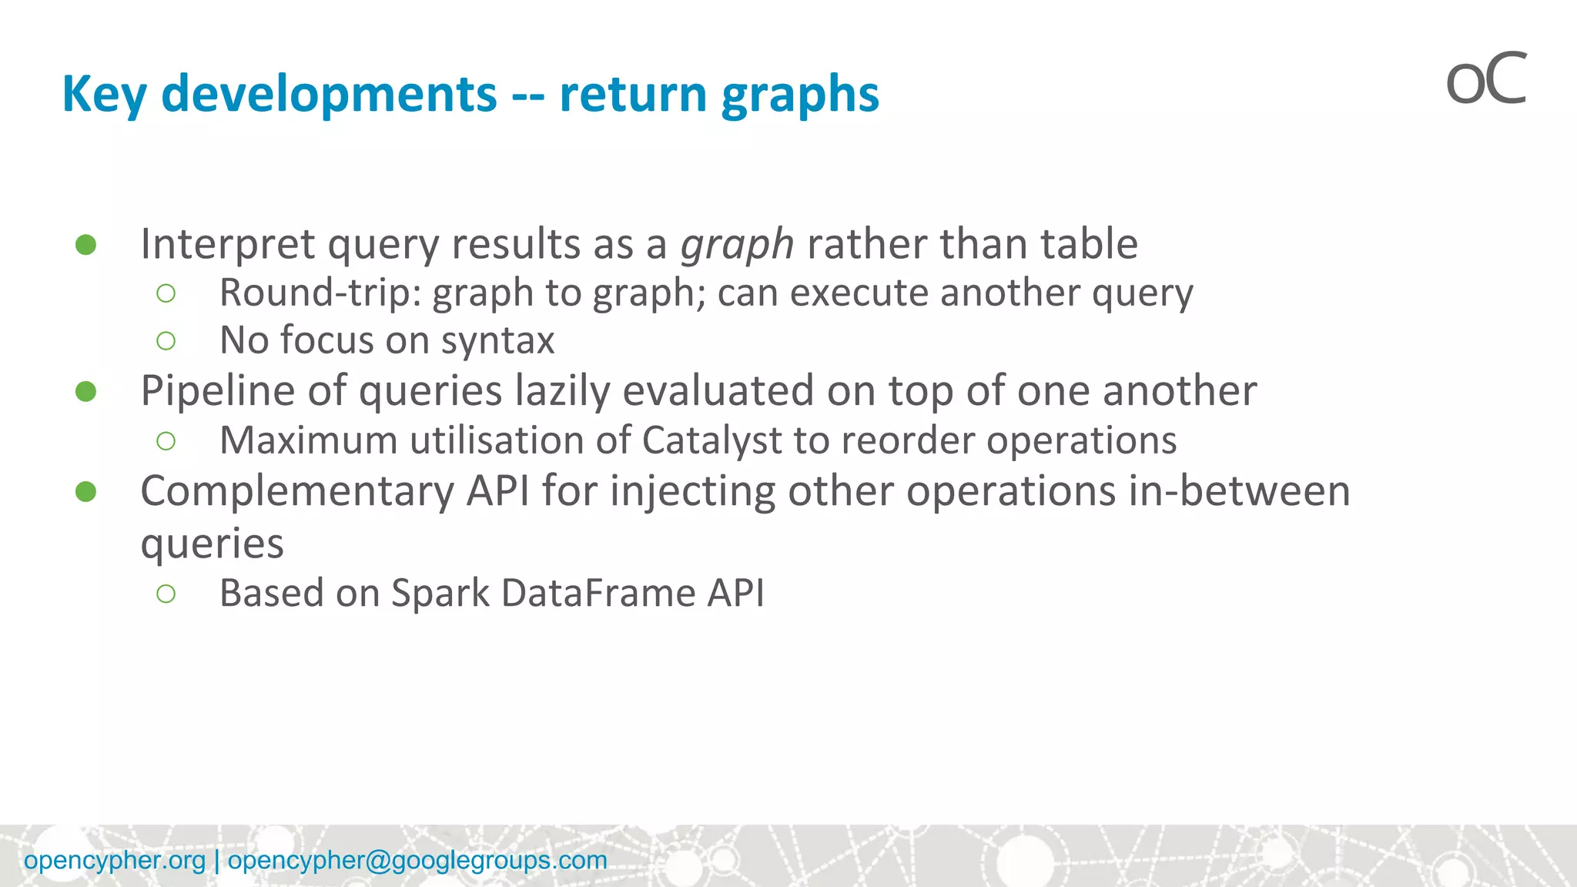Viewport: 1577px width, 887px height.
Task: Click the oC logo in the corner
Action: [1486, 79]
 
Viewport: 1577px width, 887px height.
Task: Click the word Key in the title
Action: [103, 94]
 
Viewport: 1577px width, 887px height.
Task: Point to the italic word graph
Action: [737, 245]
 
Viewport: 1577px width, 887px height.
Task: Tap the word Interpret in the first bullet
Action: [227, 245]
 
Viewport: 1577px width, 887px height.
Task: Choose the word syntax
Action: [497, 340]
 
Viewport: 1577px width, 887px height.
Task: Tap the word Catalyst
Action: [711, 440]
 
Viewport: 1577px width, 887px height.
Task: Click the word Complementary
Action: [297, 492]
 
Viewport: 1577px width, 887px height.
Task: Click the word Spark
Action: [440, 593]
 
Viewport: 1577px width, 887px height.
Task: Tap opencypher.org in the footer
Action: [115, 860]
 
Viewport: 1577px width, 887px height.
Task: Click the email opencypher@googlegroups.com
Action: [417, 860]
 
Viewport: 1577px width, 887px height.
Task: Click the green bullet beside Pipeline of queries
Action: [86, 392]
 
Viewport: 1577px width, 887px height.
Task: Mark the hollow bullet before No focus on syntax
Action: [166, 340]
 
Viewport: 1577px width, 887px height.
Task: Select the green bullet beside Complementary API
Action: [86, 492]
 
